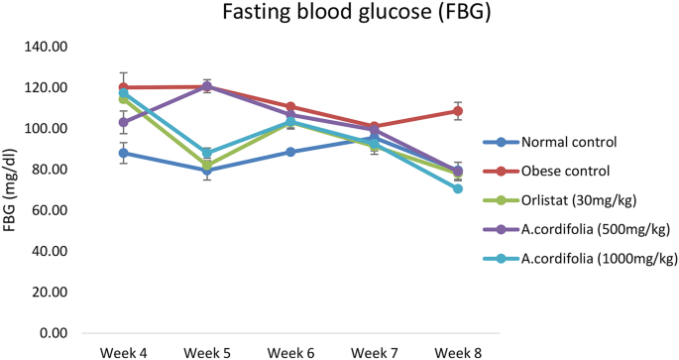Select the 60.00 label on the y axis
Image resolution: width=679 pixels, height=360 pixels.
pos(49,210)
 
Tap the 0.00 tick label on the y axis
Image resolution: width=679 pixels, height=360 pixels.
pos(52,333)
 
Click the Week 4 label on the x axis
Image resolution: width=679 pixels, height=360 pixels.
pos(124,352)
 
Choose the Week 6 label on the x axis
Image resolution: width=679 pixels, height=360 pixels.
pos(290,352)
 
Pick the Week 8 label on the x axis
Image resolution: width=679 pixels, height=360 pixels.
pos(457,352)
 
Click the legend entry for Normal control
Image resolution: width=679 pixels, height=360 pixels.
pos(562,142)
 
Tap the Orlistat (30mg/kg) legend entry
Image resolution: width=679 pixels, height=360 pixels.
pos(570,200)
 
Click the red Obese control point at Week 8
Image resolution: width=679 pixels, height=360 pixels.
pos(458,111)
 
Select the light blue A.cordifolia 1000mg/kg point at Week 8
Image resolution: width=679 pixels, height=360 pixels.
pos(458,188)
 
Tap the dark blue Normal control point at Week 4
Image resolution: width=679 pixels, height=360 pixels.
pos(124,153)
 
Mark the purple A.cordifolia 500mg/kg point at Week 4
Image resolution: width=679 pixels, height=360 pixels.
pos(124,123)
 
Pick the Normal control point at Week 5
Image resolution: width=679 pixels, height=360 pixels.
pos(207,171)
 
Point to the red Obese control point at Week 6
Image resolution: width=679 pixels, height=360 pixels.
pos(290,106)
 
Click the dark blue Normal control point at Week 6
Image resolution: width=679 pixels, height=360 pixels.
pos(290,152)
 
